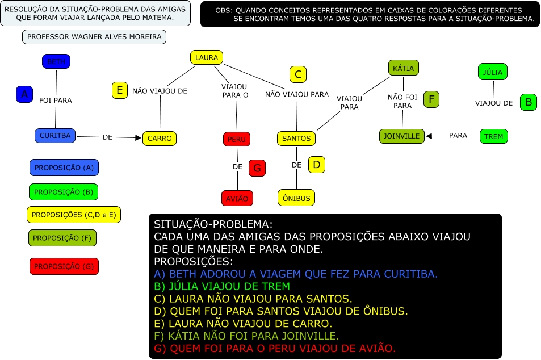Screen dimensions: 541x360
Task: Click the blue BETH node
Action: coord(56,61)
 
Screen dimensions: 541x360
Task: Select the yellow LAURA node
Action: coord(206,57)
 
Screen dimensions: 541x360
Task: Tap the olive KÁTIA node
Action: coord(403,68)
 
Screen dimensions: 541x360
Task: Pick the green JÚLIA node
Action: coord(492,72)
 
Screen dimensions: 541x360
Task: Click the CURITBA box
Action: coord(55,136)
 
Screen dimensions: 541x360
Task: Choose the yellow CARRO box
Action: coord(160,138)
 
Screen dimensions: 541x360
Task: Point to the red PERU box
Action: coord(236,139)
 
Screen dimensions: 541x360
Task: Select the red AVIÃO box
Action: coord(237,198)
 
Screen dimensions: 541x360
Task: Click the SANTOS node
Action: coord(296,138)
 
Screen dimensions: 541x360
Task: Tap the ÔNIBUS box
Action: coord(296,198)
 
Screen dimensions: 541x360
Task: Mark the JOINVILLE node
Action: coord(401,136)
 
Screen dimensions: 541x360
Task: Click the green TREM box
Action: coord(494,136)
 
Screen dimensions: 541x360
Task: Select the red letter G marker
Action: coord(257,168)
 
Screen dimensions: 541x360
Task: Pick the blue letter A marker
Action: coord(24,94)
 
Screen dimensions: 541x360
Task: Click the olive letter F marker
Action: coord(431,99)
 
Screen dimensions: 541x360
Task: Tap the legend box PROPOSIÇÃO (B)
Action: coord(64,192)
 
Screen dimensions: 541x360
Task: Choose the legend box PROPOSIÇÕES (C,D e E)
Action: coord(74,215)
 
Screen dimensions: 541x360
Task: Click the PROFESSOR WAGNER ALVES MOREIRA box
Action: coord(94,37)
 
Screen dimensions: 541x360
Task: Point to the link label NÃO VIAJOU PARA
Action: coord(297,94)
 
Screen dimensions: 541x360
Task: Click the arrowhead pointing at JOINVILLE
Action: coord(429,136)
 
